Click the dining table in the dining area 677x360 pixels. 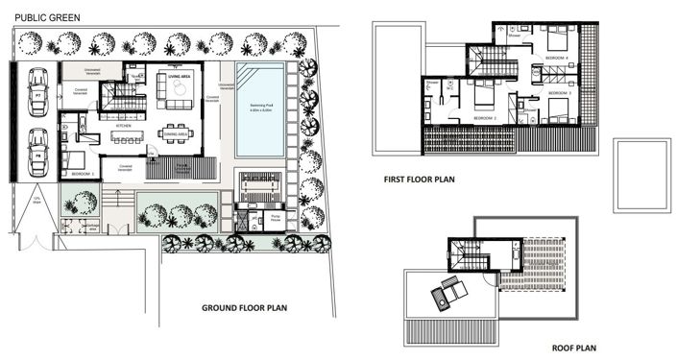click(x=175, y=132)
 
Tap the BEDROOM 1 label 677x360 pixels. click(x=83, y=175)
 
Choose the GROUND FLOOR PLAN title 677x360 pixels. click(x=244, y=309)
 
